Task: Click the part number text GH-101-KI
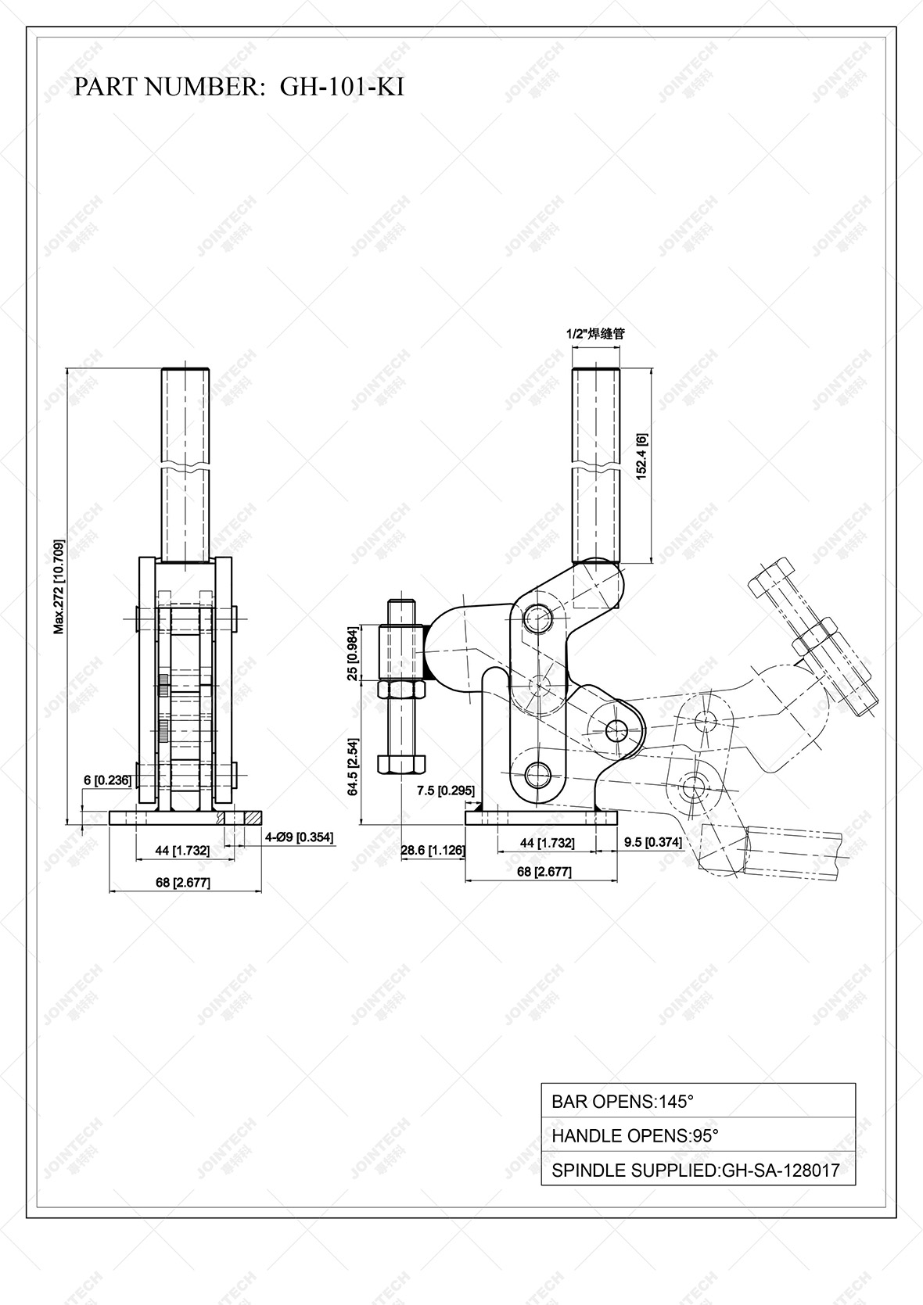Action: (x=342, y=87)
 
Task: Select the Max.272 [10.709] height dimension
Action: (x=59, y=586)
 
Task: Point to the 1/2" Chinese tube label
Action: (x=595, y=333)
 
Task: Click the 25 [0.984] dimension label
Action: (x=353, y=653)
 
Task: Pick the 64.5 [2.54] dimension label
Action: (x=353, y=766)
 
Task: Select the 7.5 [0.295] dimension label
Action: (x=445, y=791)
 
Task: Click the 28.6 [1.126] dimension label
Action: (x=433, y=850)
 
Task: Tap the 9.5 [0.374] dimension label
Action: (x=653, y=842)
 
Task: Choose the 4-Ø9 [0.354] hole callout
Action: (x=299, y=837)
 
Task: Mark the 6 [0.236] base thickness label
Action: (x=107, y=780)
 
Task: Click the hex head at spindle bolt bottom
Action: (x=401, y=763)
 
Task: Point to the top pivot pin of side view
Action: (x=537, y=618)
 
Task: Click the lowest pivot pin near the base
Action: (x=537, y=775)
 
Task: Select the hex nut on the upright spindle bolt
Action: (x=401, y=690)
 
